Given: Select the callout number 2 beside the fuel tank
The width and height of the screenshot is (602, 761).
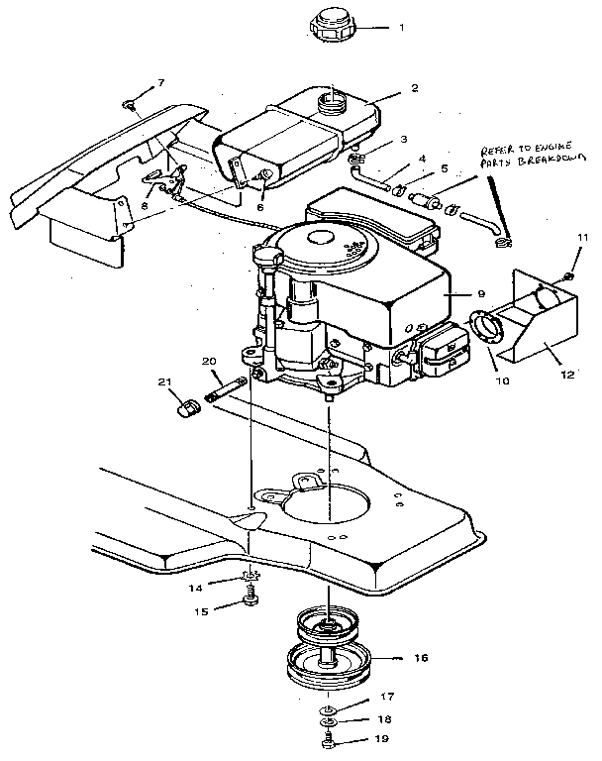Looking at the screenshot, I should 414,88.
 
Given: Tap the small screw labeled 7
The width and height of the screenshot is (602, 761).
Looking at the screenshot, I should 130,102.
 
